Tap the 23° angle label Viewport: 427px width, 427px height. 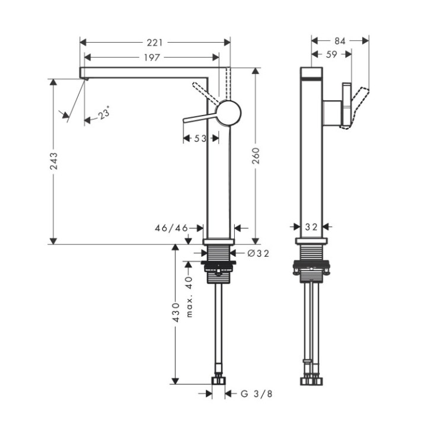[104, 114]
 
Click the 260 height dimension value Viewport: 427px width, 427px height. [256, 160]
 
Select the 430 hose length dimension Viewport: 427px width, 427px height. [175, 310]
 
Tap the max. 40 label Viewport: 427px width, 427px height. [189, 297]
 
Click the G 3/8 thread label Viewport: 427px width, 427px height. [257, 393]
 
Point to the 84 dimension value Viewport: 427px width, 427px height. [339, 41]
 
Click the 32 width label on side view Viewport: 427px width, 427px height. [312, 227]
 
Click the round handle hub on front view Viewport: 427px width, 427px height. [228, 112]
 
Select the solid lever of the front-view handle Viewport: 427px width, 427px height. [200, 117]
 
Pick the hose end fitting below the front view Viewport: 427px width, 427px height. [219, 380]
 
